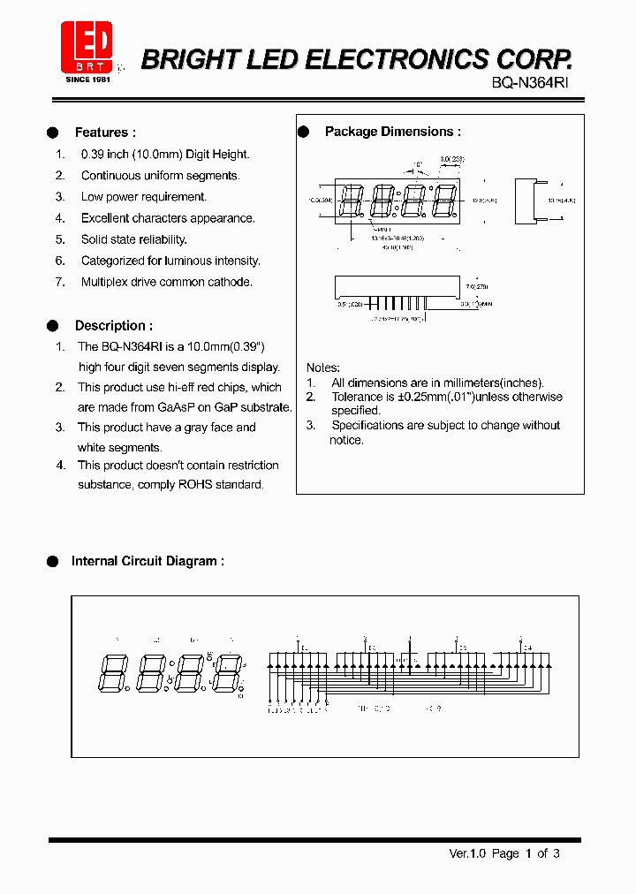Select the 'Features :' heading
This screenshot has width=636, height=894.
(x=105, y=133)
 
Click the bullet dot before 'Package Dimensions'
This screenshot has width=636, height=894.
(x=304, y=132)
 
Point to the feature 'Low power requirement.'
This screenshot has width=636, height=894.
(x=144, y=197)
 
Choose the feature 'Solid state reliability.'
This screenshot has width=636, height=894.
(x=134, y=239)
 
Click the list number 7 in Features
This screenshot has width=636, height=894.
(x=60, y=282)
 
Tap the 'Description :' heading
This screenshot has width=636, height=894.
(x=114, y=326)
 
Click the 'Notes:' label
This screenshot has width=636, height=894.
(x=323, y=367)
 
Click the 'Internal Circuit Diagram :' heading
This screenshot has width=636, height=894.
(x=148, y=561)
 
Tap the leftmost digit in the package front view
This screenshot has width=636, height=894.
(x=351, y=201)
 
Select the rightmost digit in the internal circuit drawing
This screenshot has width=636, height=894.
(x=231, y=673)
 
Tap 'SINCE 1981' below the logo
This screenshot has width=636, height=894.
(x=86, y=80)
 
